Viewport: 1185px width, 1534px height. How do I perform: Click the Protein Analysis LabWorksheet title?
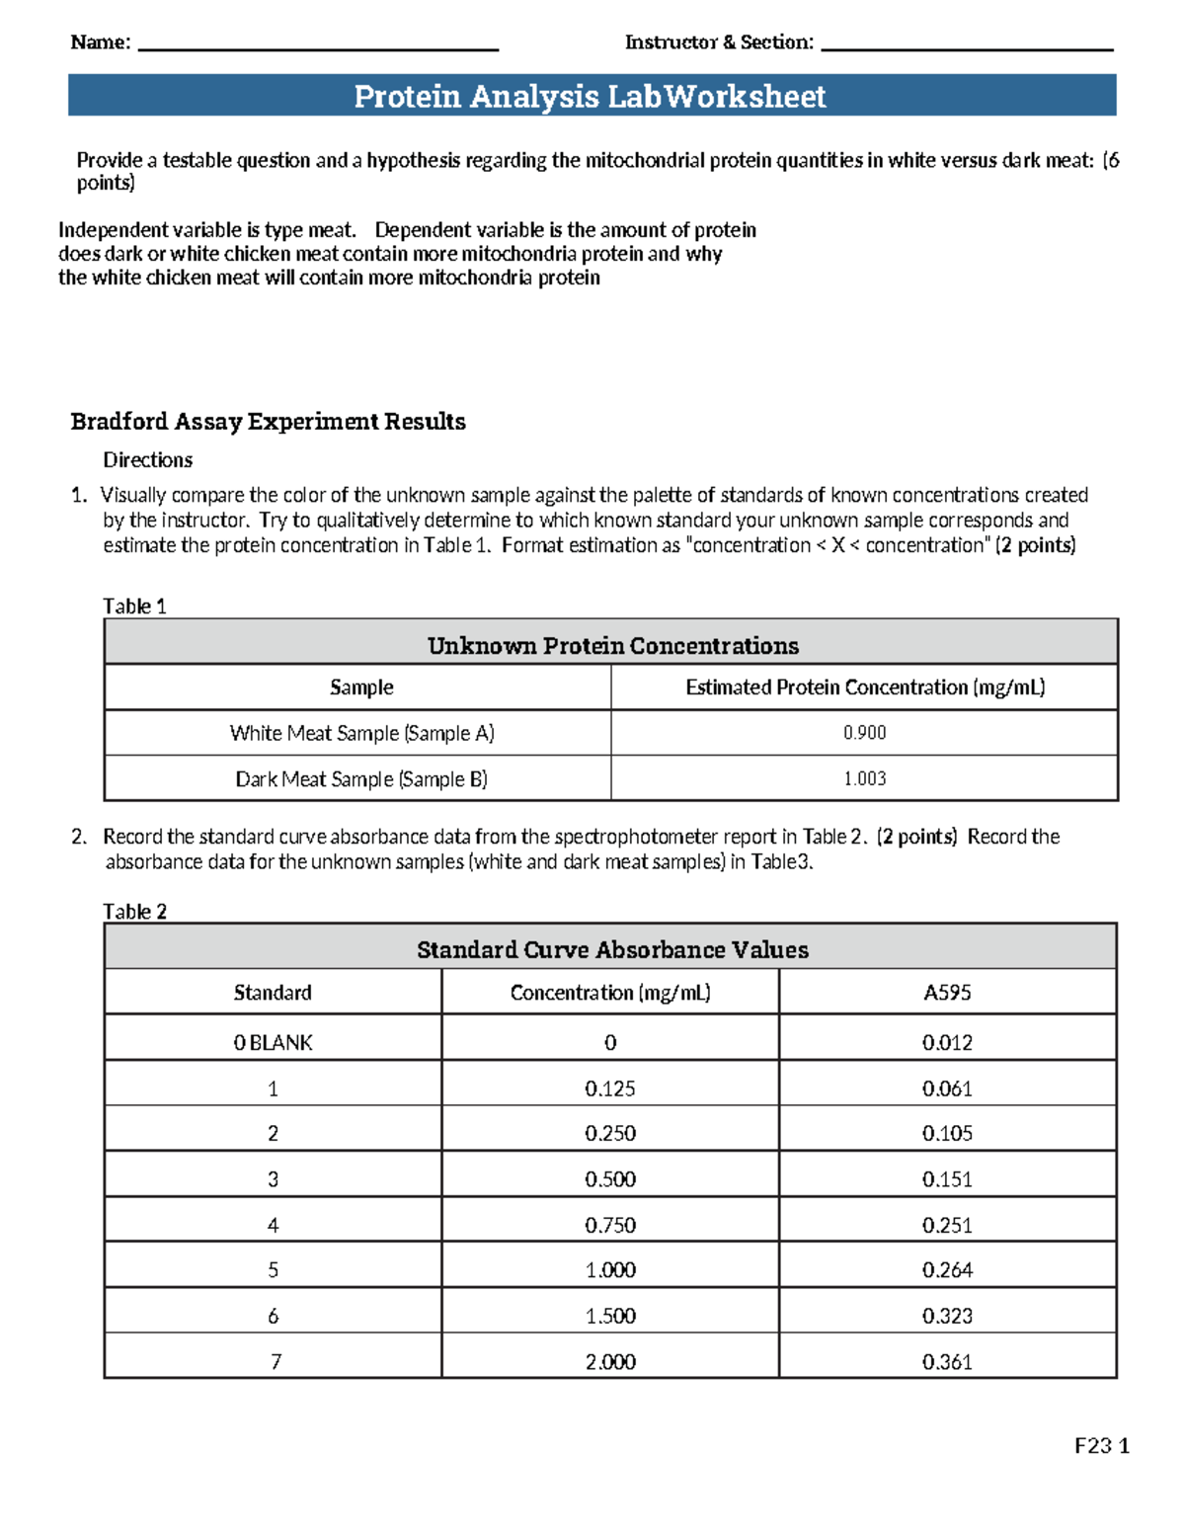[x=591, y=96]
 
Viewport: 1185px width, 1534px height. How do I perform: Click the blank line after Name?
[x=318, y=45]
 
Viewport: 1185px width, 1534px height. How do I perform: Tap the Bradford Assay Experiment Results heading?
[x=268, y=422]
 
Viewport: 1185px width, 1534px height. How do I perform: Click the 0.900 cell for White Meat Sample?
[x=864, y=733]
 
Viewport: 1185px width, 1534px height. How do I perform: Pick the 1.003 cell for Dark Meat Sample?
[x=864, y=778]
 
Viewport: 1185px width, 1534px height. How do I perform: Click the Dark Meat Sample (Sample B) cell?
[x=360, y=779]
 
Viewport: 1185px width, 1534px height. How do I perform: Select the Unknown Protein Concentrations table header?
[x=612, y=646]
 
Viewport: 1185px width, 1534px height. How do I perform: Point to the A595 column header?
[x=947, y=993]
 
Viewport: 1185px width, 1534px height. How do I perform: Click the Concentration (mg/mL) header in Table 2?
[x=610, y=993]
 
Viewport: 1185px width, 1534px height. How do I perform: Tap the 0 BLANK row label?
[x=273, y=1043]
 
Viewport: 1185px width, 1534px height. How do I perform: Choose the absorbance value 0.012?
[x=947, y=1043]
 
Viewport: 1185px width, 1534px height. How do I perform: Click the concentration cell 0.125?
[x=610, y=1089]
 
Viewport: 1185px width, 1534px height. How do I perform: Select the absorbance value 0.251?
[x=947, y=1225]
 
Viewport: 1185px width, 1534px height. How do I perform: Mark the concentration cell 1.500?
[x=610, y=1316]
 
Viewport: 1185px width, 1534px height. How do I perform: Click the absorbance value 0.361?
[x=947, y=1362]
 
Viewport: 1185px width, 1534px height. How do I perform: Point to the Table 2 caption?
[x=135, y=912]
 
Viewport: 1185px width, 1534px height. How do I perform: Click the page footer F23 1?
[x=1101, y=1446]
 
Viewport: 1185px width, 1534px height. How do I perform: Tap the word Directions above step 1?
[x=148, y=460]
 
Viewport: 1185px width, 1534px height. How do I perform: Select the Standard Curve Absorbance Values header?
[x=612, y=950]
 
